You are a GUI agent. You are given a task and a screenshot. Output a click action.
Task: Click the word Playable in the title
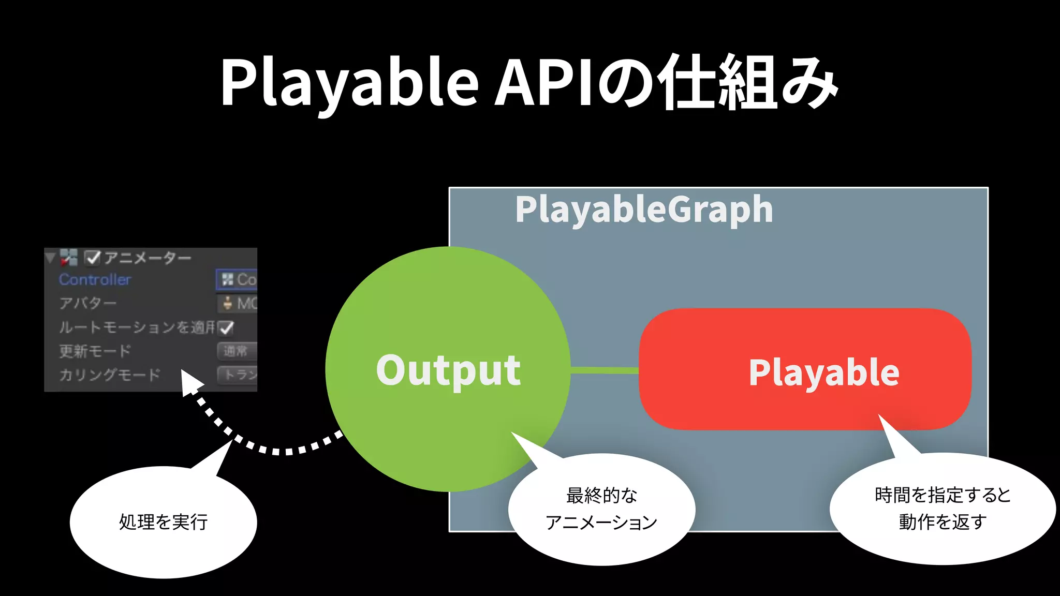(x=349, y=83)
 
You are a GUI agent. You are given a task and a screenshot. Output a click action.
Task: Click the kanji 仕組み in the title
(x=748, y=83)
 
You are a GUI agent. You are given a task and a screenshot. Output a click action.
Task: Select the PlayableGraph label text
(x=644, y=210)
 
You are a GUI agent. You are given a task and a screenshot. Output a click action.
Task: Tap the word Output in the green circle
(x=448, y=370)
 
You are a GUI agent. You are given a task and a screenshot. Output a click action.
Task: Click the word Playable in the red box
(x=824, y=373)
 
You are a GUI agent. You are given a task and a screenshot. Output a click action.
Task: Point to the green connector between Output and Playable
(x=605, y=370)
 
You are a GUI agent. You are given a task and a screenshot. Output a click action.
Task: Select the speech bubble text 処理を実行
(x=164, y=521)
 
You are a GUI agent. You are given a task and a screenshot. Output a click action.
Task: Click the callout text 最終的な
(x=601, y=495)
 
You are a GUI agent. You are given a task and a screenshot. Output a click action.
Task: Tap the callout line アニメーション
(x=601, y=523)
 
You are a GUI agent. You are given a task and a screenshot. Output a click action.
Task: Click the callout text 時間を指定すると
(x=943, y=495)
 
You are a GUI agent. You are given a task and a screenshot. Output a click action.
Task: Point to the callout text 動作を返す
(x=943, y=521)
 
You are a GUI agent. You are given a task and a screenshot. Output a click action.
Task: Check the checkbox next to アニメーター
(x=92, y=257)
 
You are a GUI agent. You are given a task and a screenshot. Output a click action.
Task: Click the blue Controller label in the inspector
(x=95, y=280)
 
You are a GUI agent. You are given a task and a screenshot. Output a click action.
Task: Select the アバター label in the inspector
(x=87, y=303)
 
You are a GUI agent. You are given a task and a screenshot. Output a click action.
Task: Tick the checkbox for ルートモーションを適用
(x=226, y=327)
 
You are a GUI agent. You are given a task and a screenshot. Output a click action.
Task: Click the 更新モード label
(x=95, y=351)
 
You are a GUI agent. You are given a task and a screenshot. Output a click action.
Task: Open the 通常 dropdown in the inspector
(x=237, y=351)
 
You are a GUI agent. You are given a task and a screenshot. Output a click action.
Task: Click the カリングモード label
(x=110, y=375)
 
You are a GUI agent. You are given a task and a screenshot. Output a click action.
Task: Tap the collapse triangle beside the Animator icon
(x=50, y=258)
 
